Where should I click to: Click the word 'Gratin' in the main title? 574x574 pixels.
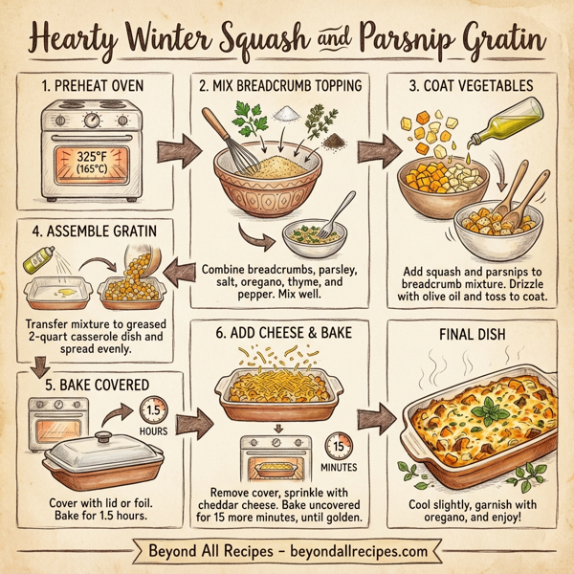(505, 40)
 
